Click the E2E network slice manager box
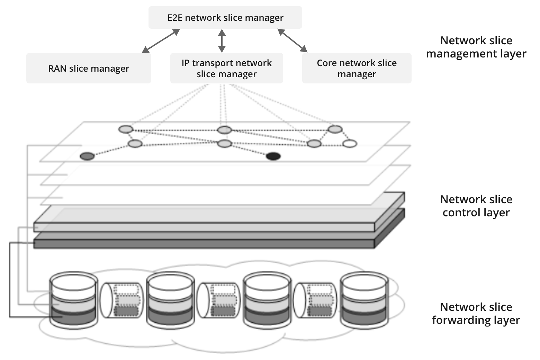tap(225, 17)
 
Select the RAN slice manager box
tap(89, 68)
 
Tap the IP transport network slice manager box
tap(226, 68)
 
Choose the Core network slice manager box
tap(357, 68)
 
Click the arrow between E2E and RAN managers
tap(161, 41)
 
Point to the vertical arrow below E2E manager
tap(222, 41)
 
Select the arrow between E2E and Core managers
tap(292, 40)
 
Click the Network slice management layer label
tap(476, 47)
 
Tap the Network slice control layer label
tap(476, 206)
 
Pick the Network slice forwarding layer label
tap(476, 313)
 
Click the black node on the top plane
tap(273, 156)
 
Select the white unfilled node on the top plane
tap(350, 143)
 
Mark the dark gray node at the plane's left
tap(87, 156)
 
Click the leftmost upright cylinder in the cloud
tap(73, 300)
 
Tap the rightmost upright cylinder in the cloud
tap(363, 300)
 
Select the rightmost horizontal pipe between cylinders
tap(315, 300)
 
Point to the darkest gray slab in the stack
tap(204, 243)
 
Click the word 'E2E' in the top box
tap(175, 18)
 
